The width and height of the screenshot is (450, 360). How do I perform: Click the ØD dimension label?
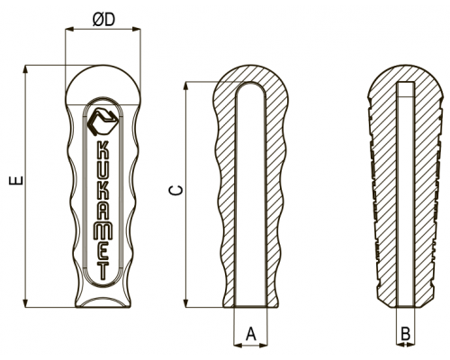(103, 20)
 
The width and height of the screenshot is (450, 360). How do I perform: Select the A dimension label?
(251, 334)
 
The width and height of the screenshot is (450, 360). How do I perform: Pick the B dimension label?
(406, 334)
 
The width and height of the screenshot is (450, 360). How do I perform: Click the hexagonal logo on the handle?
(103, 121)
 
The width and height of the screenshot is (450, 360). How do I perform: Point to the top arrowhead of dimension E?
(26, 68)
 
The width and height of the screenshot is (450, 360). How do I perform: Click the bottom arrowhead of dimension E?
(26, 303)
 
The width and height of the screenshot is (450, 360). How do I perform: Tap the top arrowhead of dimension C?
(186, 85)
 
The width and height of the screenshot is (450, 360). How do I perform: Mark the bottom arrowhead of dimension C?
(186, 303)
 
